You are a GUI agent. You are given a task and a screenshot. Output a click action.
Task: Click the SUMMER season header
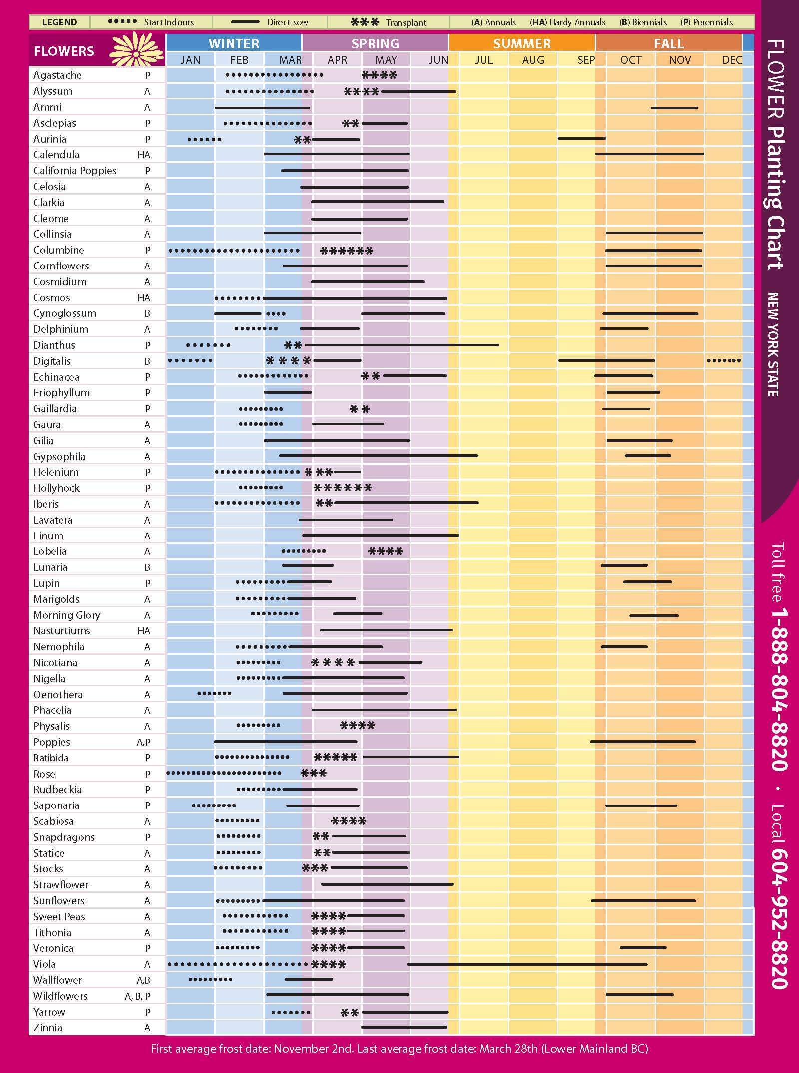(522, 43)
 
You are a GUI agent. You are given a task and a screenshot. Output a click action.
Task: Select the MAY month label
(386, 60)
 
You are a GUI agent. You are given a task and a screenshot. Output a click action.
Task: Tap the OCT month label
(630, 60)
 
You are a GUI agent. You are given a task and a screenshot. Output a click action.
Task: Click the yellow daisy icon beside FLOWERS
(136, 49)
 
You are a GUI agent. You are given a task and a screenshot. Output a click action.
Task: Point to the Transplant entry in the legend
(389, 22)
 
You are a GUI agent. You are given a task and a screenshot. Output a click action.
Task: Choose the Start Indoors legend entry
(151, 22)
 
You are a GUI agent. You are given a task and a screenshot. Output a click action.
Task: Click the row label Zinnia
(48, 1028)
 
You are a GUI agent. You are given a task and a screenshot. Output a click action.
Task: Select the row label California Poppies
(75, 171)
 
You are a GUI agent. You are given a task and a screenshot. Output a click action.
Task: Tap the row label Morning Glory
(67, 615)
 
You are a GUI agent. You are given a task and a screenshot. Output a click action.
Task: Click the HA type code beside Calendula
(144, 155)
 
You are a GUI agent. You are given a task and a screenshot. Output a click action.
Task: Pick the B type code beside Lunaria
(147, 567)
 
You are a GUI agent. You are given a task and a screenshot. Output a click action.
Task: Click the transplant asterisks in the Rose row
(314, 774)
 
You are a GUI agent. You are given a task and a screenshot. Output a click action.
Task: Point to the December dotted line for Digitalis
(724, 360)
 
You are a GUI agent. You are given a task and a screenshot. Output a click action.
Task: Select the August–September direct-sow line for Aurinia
(581, 139)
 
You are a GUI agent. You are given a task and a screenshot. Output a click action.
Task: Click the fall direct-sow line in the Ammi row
(674, 108)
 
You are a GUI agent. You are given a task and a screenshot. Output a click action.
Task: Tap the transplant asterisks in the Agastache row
(379, 76)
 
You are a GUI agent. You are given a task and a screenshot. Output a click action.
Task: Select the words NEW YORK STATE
(773, 344)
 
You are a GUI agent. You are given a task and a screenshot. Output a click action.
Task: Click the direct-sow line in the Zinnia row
(404, 1027)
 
